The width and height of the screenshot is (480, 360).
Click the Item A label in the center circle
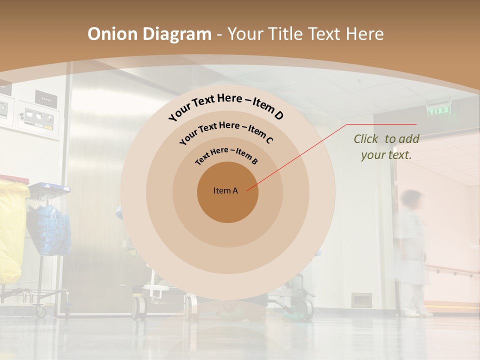[x=225, y=190]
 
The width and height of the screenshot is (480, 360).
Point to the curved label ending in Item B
[x=227, y=155]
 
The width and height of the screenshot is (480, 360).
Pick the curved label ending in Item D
[x=226, y=106]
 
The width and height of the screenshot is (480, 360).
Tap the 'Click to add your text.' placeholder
[x=386, y=146]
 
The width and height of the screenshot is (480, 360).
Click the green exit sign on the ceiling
[x=439, y=111]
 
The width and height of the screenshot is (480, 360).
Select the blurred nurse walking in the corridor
[x=412, y=250]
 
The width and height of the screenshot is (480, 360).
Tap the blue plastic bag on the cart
[x=49, y=230]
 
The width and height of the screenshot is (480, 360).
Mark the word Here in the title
[x=363, y=34]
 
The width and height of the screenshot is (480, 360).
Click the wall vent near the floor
[x=361, y=300]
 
